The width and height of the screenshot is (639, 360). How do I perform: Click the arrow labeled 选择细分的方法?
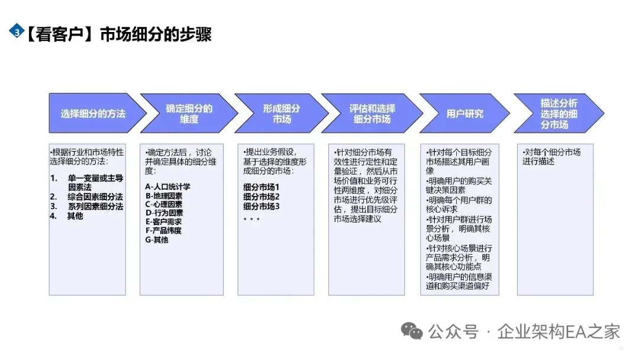pyautogui.click(x=93, y=113)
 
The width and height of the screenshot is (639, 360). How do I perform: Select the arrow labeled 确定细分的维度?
pyautogui.click(x=189, y=114)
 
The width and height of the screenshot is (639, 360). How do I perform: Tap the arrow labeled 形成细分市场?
pyautogui.click(x=281, y=114)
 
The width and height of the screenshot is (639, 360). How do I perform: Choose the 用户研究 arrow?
pyautogui.click(x=464, y=114)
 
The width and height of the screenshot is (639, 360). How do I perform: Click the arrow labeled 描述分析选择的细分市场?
pyautogui.click(x=558, y=113)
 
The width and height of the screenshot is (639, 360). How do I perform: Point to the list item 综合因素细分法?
pyautogui.click(x=95, y=197)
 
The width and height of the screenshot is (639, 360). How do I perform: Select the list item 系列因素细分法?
pyautogui.click(x=95, y=206)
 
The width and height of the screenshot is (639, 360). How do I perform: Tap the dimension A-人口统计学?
pyautogui.click(x=167, y=187)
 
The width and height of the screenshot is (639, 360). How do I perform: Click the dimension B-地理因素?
pyautogui.click(x=164, y=196)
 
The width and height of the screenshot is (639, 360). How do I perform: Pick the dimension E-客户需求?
pyautogui.click(x=164, y=222)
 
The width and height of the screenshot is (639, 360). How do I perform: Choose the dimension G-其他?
pyautogui.click(x=157, y=240)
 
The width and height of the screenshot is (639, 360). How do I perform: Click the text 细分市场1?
pyautogui.click(x=261, y=187)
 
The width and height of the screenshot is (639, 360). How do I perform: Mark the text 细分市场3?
pyautogui.click(x=261, y=206)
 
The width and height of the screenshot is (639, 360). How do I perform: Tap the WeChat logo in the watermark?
pyautogui.click(x=412, y=331)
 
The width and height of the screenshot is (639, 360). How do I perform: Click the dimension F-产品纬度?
pyautogui.click(x=164, y=231)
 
